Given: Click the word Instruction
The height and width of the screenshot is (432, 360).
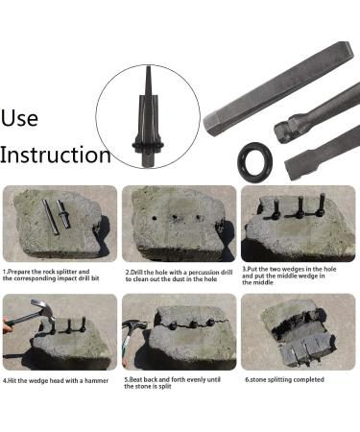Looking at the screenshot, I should point(56,154).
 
